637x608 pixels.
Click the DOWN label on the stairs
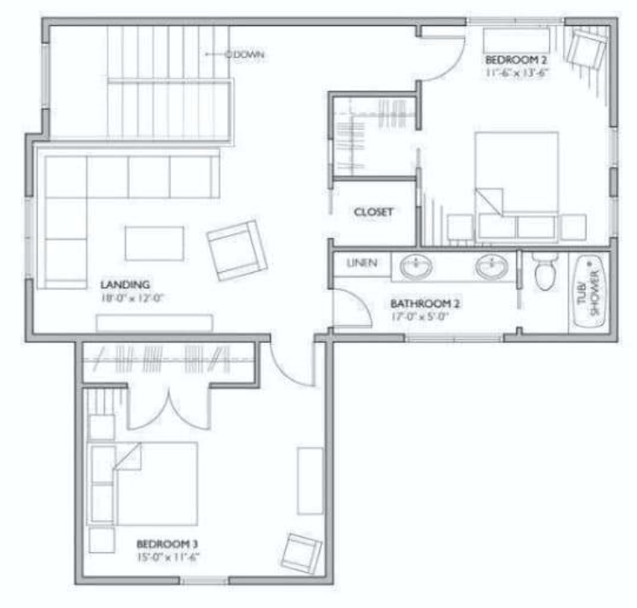coord(249,54)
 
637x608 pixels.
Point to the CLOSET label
coord(374,213)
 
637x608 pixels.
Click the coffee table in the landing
coord(155,243)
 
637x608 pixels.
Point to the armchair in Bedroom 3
coord(301,552)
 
